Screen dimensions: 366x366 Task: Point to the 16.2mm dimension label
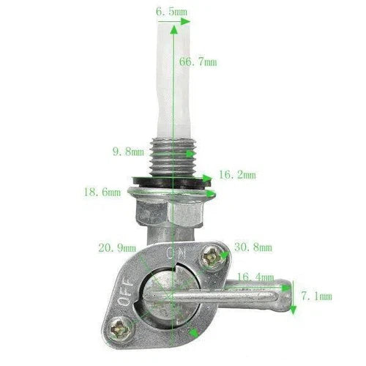point(238,175)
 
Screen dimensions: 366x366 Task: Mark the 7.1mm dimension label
point(316,296)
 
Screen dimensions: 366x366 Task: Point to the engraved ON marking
point(176,253)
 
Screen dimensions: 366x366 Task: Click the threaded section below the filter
point(172,152)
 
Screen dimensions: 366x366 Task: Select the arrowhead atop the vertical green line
point(173,26)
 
